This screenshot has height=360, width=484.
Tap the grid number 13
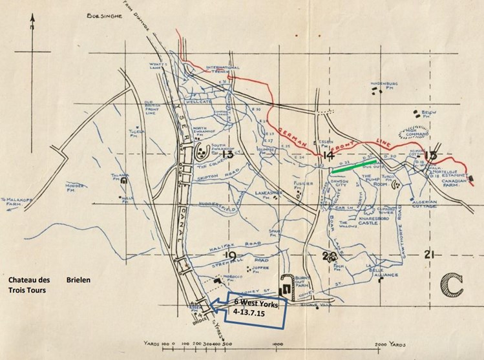pos(227,155)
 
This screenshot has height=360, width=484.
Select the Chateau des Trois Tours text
pos(30,286)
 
